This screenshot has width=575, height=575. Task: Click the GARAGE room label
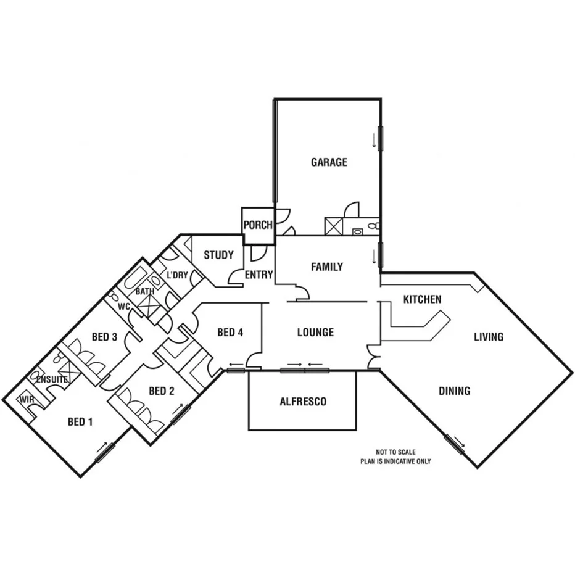pyautogui.click(x=329, y=162)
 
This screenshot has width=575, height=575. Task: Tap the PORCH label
pyautogui.click(x=257, y=225)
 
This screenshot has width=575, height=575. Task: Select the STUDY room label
pyautogui.click(x=218, y=255)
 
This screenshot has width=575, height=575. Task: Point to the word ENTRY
pyautogui.click(x=259, y=275)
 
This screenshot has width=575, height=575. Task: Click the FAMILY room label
pyautogui.click(x=326, y=267)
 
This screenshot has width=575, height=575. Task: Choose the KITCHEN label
pyautogui.click(x=422, y=299)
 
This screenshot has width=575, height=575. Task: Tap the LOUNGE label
pyautogui.click(x=315, y=332)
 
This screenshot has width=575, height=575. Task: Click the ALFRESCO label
pyautogui.click(x=303, y=402)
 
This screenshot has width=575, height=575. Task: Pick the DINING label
pyautogui.click(x=455, y=391)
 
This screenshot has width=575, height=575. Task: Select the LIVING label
pyautogui.click(x=489, y=337)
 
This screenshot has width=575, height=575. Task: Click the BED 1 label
pyautogui.click(x=80, y=422)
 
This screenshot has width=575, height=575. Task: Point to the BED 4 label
pyautogui.click(x=230, y=333)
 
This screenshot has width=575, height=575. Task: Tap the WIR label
pyautogui.click(x=27, y=400)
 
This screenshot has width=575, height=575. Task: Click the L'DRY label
pyautogui.click(x=177, y=275)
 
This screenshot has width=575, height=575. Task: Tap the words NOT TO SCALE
pyautogui.click(x=395, y=452)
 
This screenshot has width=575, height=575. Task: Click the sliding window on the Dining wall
pyautogui.click(x=454, y=444)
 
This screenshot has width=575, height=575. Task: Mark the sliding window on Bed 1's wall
pyautogui.click(x=105, y=452)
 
